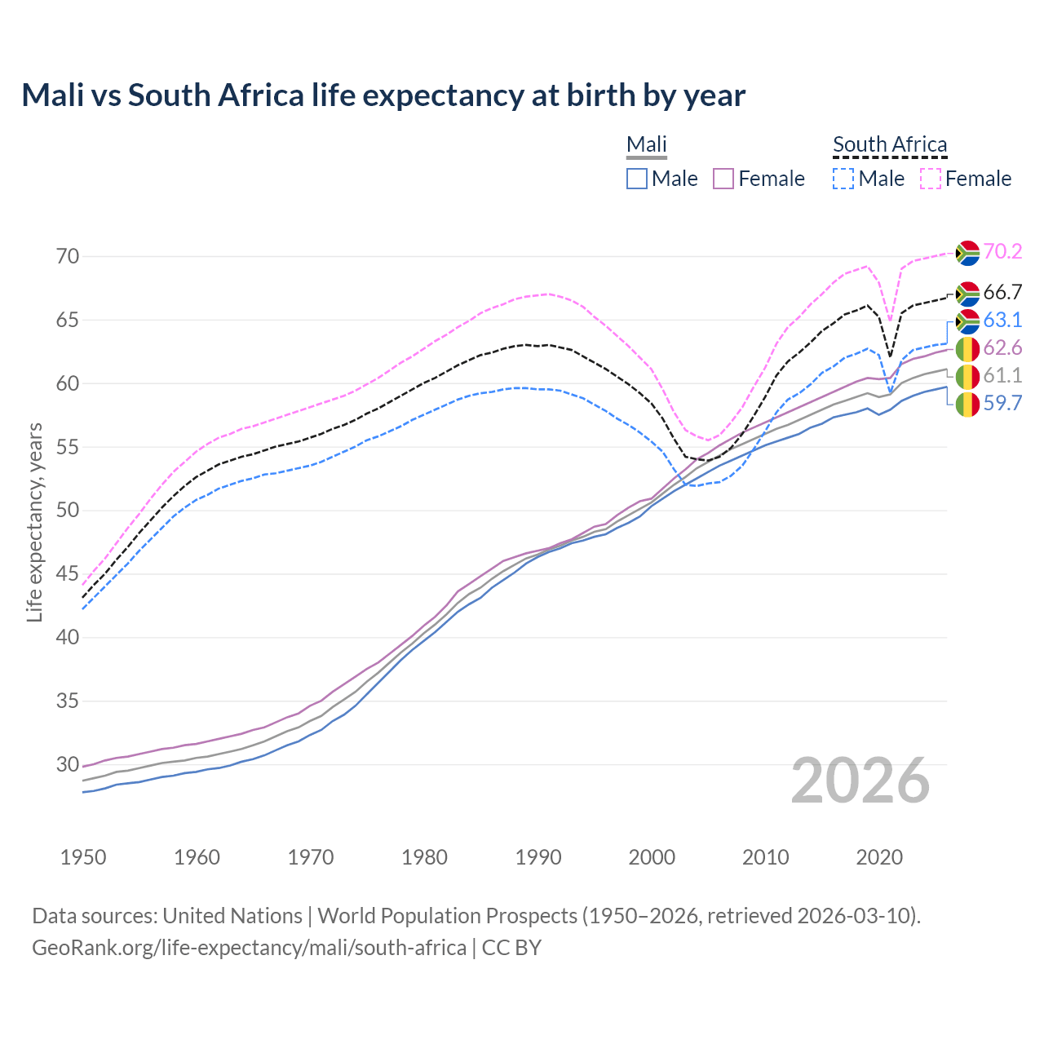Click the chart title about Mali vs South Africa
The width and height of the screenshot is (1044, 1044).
pos(383,95)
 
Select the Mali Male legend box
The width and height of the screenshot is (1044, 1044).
pos(637,179)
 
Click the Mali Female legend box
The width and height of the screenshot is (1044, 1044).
pos(724,179)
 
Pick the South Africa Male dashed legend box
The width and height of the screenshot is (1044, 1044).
pos(843,179)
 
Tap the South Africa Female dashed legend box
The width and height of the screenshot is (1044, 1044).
pos(931,179)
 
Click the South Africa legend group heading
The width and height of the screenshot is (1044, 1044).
pos(890,145)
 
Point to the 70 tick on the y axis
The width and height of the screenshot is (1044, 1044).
pos(69,256)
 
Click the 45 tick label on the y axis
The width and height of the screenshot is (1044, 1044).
pos(69,574)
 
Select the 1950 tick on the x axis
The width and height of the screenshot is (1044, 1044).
pos(83,857)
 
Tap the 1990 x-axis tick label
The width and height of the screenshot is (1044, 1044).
pos(538,857)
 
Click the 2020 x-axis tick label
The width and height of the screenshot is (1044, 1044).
pos(879,857)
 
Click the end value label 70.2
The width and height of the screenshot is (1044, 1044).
pos(1002,252)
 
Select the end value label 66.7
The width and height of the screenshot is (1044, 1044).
pos(1002,293)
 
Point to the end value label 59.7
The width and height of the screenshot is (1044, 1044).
pos(1002,403)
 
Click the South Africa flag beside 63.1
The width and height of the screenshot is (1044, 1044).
pos(967,321)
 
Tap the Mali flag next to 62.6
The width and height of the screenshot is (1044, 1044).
pos(967,349)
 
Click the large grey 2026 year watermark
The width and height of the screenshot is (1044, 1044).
pos(860,781)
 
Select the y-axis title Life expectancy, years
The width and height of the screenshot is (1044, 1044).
pos(35,522)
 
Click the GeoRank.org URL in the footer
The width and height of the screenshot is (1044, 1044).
pos(249,948)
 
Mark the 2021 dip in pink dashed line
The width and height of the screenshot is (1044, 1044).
pos(891,321)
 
